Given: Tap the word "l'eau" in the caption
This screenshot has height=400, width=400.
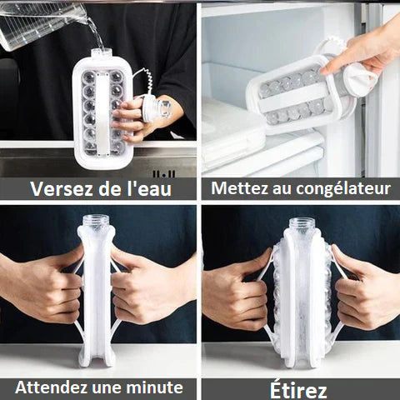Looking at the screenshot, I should coord(150,188).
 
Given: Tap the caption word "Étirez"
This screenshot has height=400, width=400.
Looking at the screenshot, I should coord(298,388).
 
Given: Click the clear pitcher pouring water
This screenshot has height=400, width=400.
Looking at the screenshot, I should coord(42,21).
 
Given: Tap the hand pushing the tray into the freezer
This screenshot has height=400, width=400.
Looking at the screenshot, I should coord(367,50).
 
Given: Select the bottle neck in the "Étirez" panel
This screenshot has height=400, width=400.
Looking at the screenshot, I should coord(302,227).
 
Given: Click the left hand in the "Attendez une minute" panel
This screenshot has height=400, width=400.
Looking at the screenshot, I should coord(46,287).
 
